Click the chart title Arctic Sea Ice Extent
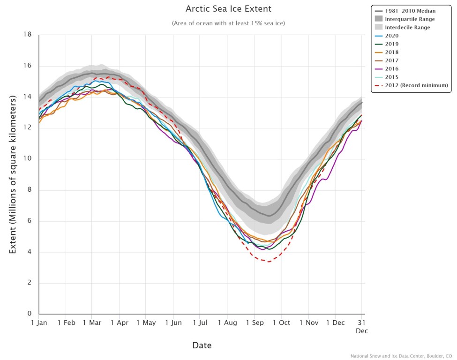point(228,9)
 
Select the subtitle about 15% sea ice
point(228,23)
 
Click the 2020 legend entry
point(392,36)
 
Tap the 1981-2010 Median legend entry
point(410,10)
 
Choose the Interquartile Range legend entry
point(410,19)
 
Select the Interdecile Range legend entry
point(408,27)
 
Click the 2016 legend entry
point(392,68)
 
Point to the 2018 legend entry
point(392,52)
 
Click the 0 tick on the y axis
point(29,314)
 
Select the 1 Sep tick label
point(254,322)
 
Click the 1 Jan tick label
point(39,322)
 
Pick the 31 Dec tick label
point(361,326)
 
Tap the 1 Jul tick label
point(200,322)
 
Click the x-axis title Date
point(202,345)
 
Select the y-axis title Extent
point(13,173)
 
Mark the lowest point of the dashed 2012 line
point(268,262)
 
